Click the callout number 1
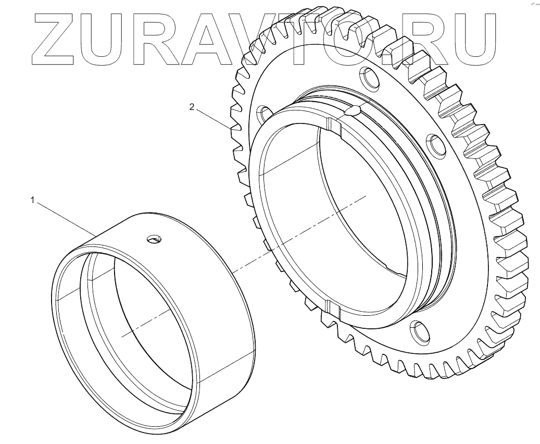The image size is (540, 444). pos(33,200)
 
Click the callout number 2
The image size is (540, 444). pos(192,107)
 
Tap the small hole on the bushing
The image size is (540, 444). pos(154,239)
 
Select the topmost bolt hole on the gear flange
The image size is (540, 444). pos(370,79)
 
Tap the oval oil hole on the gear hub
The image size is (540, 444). pos(352,110)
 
